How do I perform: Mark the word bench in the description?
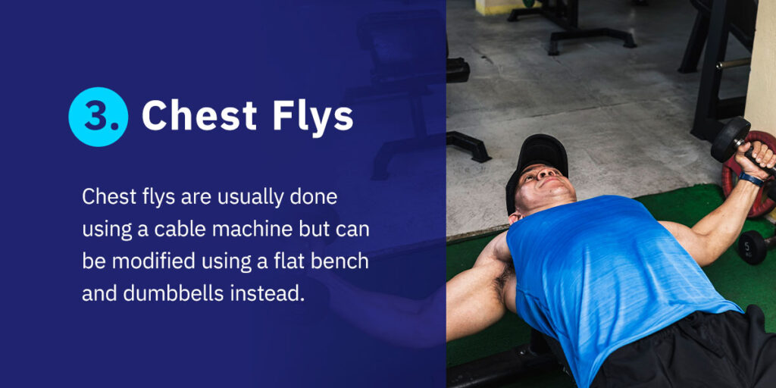click(341, 261)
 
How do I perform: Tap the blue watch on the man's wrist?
click(750, 180)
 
